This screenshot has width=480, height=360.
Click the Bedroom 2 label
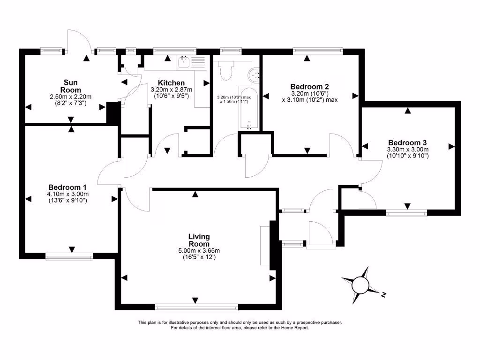click(309, 86)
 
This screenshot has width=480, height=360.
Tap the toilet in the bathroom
click(226, 70)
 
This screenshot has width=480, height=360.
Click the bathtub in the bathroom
click(248, 108)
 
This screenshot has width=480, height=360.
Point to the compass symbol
click(361, 284)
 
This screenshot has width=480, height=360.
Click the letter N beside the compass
click(383, 295)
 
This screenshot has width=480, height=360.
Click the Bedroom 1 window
click(69, 256)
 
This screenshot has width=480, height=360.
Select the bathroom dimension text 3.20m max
click(234, 97)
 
